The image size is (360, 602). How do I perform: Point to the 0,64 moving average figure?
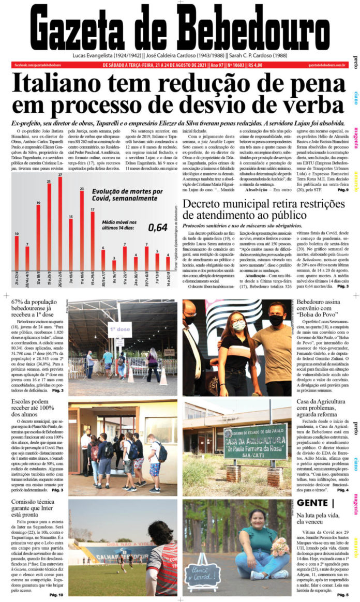pos(157,227)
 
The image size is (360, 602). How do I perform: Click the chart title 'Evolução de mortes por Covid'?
pos(127,195)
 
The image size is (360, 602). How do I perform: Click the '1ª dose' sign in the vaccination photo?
pos(119,329)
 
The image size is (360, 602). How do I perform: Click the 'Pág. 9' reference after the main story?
pos(342,190)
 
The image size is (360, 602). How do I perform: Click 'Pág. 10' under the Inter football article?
pos(56,595)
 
